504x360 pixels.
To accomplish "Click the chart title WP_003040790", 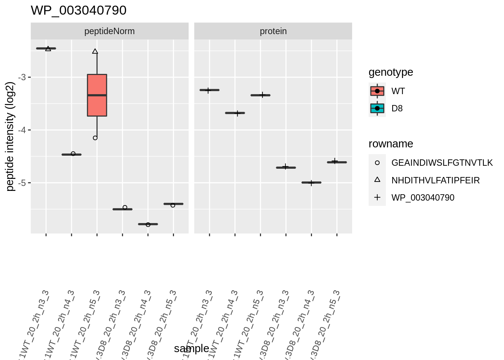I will coord(78,10).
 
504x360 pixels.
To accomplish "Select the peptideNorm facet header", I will coord(109,31).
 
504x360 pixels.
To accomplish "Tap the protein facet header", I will coord(273,31).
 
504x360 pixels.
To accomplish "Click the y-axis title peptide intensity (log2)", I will coord(10,136).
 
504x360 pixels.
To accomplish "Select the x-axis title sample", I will coord(191,348).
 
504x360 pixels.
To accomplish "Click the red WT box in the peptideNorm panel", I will coord(97,95).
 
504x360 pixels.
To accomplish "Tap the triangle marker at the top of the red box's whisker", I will coord(95,51).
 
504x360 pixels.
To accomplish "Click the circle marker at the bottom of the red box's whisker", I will coord(95,138).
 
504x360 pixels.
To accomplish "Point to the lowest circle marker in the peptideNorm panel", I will coord(148,225).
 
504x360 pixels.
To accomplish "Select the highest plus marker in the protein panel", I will coord(208,90).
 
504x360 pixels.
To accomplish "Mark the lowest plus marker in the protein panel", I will coord(311,183).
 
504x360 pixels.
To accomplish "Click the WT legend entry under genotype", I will coord(398,91).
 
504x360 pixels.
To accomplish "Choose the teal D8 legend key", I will coord(377,108).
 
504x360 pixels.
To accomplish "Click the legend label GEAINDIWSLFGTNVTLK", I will coord(442,163).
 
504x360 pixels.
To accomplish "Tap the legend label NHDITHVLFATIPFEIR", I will coord(435,180).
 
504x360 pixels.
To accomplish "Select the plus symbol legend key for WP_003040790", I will coord(377,198).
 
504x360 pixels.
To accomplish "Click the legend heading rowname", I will coord(391,144).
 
